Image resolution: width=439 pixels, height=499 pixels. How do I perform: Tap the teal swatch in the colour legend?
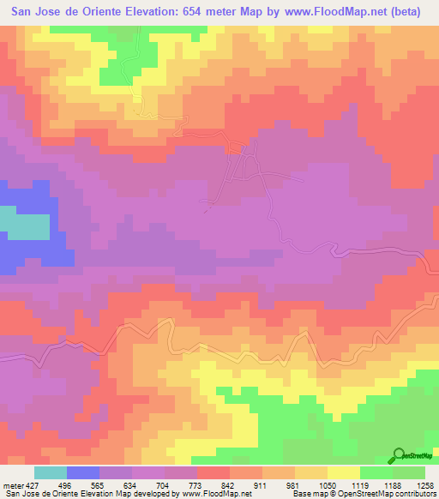click(x=50, y=472)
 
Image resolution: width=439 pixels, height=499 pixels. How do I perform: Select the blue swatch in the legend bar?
click(x=83, y=472)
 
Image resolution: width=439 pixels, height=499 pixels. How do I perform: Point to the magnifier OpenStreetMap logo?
click(x=398, y=455)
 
